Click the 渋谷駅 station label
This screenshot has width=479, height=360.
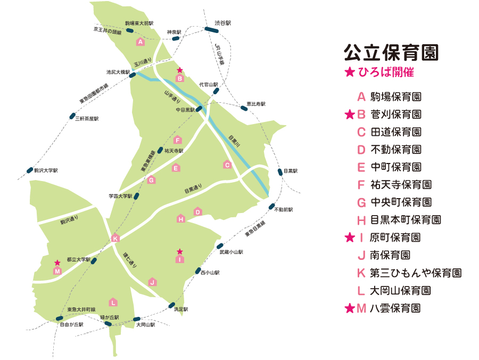tap(223, 23)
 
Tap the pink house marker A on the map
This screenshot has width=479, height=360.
tap(141, 42)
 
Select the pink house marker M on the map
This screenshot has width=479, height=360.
tap(57, 271)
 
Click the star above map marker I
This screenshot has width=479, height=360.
tap(180, 251)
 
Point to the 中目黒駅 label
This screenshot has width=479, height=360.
tap(186, 110)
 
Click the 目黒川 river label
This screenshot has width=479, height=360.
tap(233, 141)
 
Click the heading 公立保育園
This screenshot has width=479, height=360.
tap(391, 53)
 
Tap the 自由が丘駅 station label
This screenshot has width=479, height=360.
tap(72, 324)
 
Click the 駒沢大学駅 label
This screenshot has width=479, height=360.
tap(46, 171)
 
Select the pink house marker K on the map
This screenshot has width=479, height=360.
tap(115, 238)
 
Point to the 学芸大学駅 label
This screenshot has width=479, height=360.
tap(120, 196)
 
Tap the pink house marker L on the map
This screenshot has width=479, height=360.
tap(113, 302)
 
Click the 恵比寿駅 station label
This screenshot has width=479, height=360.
tap(255, 104)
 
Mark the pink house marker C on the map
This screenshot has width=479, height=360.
tap(227, 165)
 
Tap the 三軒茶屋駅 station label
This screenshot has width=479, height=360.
tap(87, 119)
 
